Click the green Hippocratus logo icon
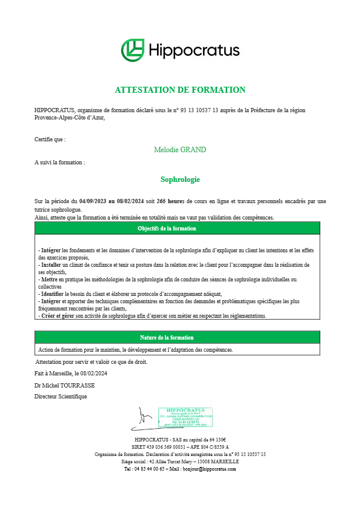click(x=132, y=50)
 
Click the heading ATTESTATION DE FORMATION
click(x=180, y=90)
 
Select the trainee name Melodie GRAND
click(x=180, y=150)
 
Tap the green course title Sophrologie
click(x=180, y=180)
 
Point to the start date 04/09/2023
click(x=93, y=201)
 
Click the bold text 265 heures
click(x=170, y=201)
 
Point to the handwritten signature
click(x=145, y=417)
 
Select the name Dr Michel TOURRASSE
click(x=64, y=385)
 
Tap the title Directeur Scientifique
click(x=61, y=397)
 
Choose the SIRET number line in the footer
click(x=180, y=447)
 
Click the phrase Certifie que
click(x=50, y=139)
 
